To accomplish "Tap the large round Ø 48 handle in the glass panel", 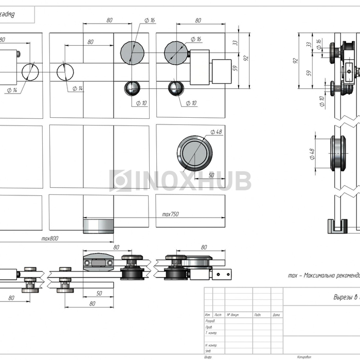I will click(194, 153).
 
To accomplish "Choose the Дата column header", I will click(276, 315).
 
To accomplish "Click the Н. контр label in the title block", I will click(210, 345).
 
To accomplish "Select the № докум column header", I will click(233, 315).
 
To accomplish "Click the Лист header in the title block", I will click(218, 315).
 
